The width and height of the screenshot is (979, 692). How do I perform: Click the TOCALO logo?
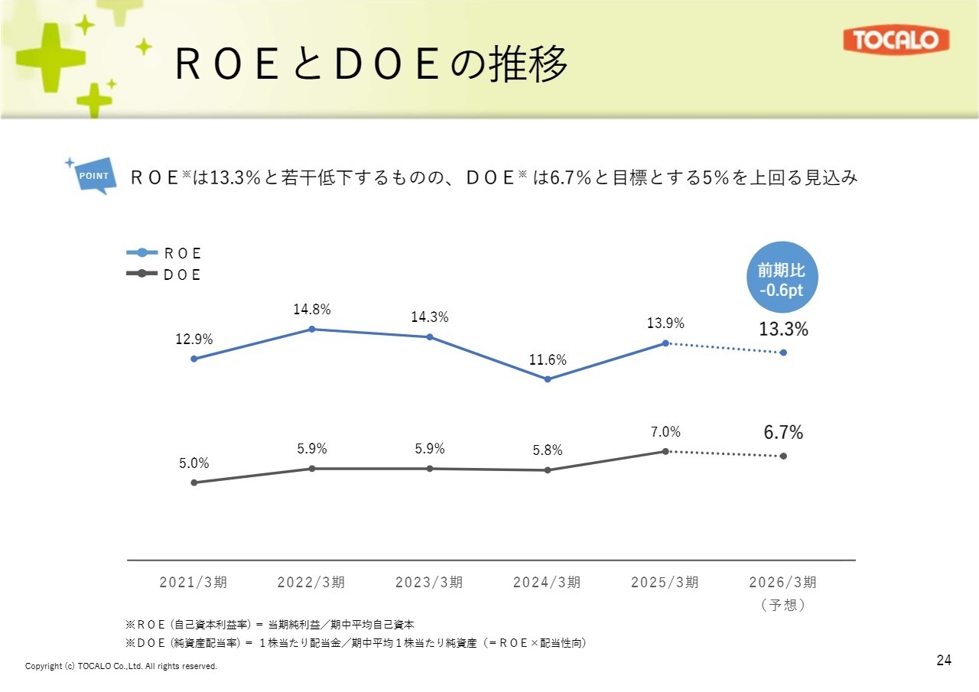tap(896, 41)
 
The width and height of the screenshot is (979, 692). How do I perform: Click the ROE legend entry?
tap(164, 253)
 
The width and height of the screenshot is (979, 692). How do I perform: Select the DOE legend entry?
tap(164, 275)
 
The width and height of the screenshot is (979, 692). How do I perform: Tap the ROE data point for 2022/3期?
tap(312, 330)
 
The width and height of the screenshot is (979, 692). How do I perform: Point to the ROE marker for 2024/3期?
tap(548, 379)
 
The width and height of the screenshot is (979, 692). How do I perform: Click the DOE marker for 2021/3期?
tap(194, 482)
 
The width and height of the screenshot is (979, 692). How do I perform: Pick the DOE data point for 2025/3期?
tap(665, 451)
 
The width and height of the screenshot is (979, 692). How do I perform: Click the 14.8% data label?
tap(312, 310)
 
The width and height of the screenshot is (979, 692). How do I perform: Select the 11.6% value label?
tap(548, 360)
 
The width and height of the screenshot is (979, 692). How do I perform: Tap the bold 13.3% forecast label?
tap(783, 330)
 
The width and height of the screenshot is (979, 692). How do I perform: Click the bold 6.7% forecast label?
tap(783, 433)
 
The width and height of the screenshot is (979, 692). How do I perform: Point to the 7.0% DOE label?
tap(665, 432)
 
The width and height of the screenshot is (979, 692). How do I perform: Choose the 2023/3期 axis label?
tap(429, 583)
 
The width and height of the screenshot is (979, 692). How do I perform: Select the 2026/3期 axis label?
tap(782, 583)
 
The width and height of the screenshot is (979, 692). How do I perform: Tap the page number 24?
tap(944, 660)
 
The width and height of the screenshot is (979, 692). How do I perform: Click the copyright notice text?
tap(121, 667)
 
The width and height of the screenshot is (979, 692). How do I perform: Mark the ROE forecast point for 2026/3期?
tap(783, 352)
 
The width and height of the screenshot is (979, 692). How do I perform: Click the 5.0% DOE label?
tap(194, 463)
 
